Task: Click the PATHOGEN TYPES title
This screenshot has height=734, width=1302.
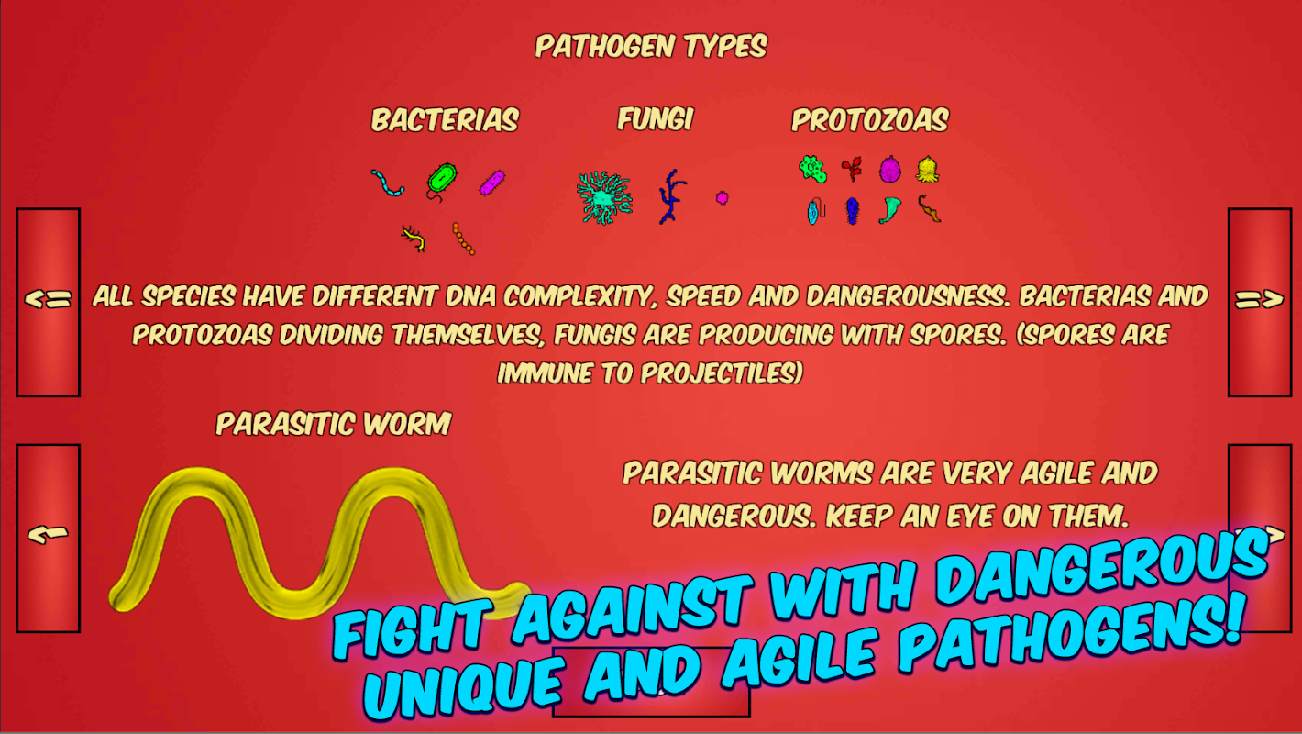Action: pos(651,47)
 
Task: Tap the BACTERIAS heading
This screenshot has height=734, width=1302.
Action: pos(446,120)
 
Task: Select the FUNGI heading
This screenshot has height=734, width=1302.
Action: pos(656,119)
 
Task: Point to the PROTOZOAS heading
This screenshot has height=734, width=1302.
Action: pos(870,120)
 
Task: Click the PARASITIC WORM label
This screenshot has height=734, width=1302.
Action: pos(334,423)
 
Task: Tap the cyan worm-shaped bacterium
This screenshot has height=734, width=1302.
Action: pos(387,183)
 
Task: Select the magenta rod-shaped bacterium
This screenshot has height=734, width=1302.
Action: pos(492,183)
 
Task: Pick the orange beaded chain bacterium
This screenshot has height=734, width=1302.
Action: pos(463,239)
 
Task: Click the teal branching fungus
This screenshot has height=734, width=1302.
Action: pos(604,198)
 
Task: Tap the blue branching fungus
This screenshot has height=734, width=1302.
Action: pos(671,196)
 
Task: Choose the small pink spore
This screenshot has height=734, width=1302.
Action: pos(722,198)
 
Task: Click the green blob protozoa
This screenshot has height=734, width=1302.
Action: pos(812,169)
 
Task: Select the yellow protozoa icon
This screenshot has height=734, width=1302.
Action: pos(927,170)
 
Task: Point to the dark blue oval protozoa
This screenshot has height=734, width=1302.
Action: pos(852,211)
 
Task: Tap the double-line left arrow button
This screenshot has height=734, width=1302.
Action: pos(49,302)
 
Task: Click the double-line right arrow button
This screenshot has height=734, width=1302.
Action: pos(1260,302)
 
